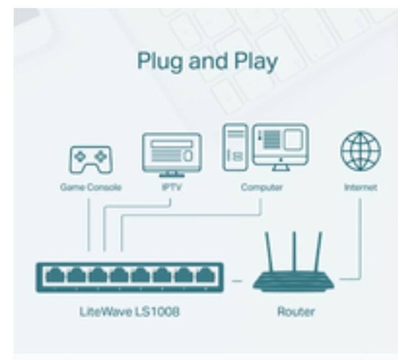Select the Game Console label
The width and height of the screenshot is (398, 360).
click(91, 188)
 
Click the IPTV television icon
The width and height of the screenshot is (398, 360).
click(171, 153)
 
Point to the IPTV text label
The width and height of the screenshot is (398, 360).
click(171, 188)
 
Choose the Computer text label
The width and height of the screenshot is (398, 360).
click(261, 188)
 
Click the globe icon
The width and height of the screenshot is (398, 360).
click(360, 151)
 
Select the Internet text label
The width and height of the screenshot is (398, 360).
click(360, 188)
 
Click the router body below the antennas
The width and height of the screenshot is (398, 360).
click(295, 283)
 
